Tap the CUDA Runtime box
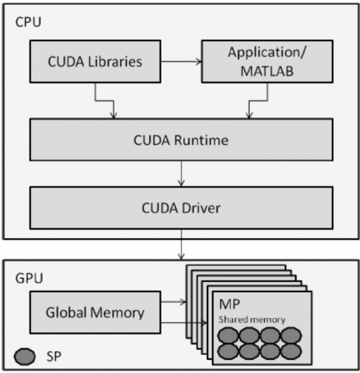181,140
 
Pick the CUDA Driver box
181,206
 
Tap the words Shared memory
252,319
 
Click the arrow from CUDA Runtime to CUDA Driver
181,173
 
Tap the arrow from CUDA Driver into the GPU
181,246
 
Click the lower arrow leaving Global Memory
184,323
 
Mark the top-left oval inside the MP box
229,335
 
